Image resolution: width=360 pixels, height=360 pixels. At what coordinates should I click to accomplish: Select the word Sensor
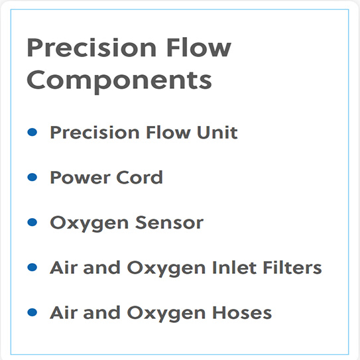[x=170, y=223]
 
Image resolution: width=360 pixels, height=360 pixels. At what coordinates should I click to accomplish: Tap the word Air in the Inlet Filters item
[x=62, y=268]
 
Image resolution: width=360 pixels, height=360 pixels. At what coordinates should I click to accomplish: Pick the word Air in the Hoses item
[x=62, y=313]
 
